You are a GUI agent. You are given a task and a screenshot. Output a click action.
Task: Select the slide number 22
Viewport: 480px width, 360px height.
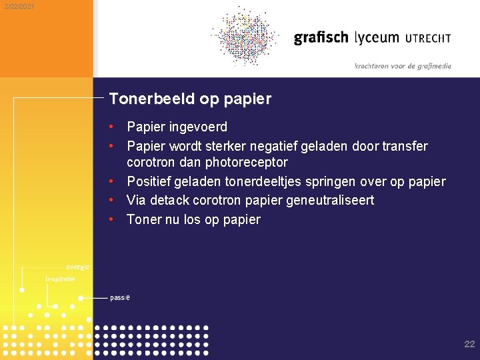[469, 344]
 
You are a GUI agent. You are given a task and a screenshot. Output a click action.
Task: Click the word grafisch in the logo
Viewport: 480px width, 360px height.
[321, 38]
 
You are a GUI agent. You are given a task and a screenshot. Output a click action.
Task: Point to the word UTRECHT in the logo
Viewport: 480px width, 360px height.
[427, 38]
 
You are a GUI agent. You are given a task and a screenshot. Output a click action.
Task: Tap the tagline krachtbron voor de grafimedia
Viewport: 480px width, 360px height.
[403, 66]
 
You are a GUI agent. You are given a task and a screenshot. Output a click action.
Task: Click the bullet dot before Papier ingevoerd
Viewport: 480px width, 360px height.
[113, 127]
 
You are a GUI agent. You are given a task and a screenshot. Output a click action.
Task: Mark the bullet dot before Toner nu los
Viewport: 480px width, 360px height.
[113, 219]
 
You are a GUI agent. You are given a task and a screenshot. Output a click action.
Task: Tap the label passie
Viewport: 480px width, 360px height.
[120, 297]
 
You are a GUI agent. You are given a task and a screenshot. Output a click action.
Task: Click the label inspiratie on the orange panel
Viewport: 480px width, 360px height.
[60, 279]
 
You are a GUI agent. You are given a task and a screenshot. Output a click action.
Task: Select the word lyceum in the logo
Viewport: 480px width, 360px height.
[377, 38]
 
